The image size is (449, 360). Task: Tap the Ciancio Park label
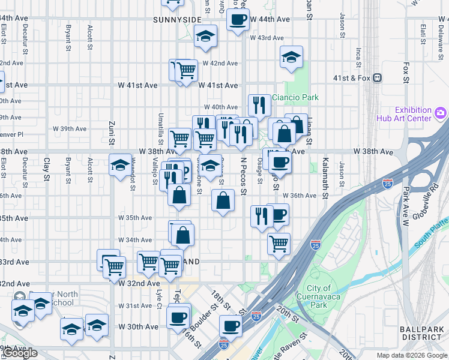[295, 97]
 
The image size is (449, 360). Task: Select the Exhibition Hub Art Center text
[413, 114]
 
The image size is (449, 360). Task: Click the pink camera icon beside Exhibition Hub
[441, 112]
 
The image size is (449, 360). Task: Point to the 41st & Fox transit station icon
[378, 77]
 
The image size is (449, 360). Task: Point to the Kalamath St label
[325, 170]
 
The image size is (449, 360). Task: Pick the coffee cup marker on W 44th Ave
[237, 20]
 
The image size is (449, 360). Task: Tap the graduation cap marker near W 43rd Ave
[205, 37]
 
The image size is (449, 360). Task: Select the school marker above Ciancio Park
[292, 58]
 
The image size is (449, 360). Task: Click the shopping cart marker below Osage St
[279, 244]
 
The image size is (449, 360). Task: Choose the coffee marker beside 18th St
[231, 327]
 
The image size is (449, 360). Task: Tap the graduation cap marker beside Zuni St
[120, 164]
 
